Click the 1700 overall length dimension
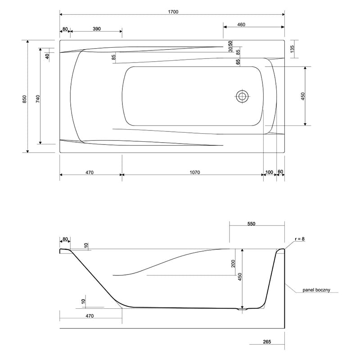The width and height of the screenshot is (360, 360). click(173, 12)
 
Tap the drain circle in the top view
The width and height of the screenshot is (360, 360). click(242, 96)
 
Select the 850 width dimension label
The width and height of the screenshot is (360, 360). click(25, 99)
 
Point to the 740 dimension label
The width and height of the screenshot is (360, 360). click(38, 99)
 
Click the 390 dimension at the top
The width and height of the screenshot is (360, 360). click(97, 29)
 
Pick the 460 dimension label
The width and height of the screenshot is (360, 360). click(241, 25)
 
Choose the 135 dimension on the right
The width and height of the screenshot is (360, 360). click(292, 49)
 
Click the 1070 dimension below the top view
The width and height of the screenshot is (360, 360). click(195, 172)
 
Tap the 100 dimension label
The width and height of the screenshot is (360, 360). click(269, 172)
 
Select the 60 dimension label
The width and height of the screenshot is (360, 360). click(280, 172)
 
